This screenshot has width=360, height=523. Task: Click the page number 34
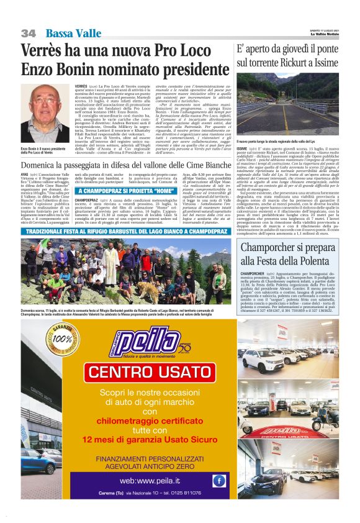29,33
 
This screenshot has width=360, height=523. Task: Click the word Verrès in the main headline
47,51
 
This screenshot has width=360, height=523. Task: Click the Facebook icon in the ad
218,480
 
